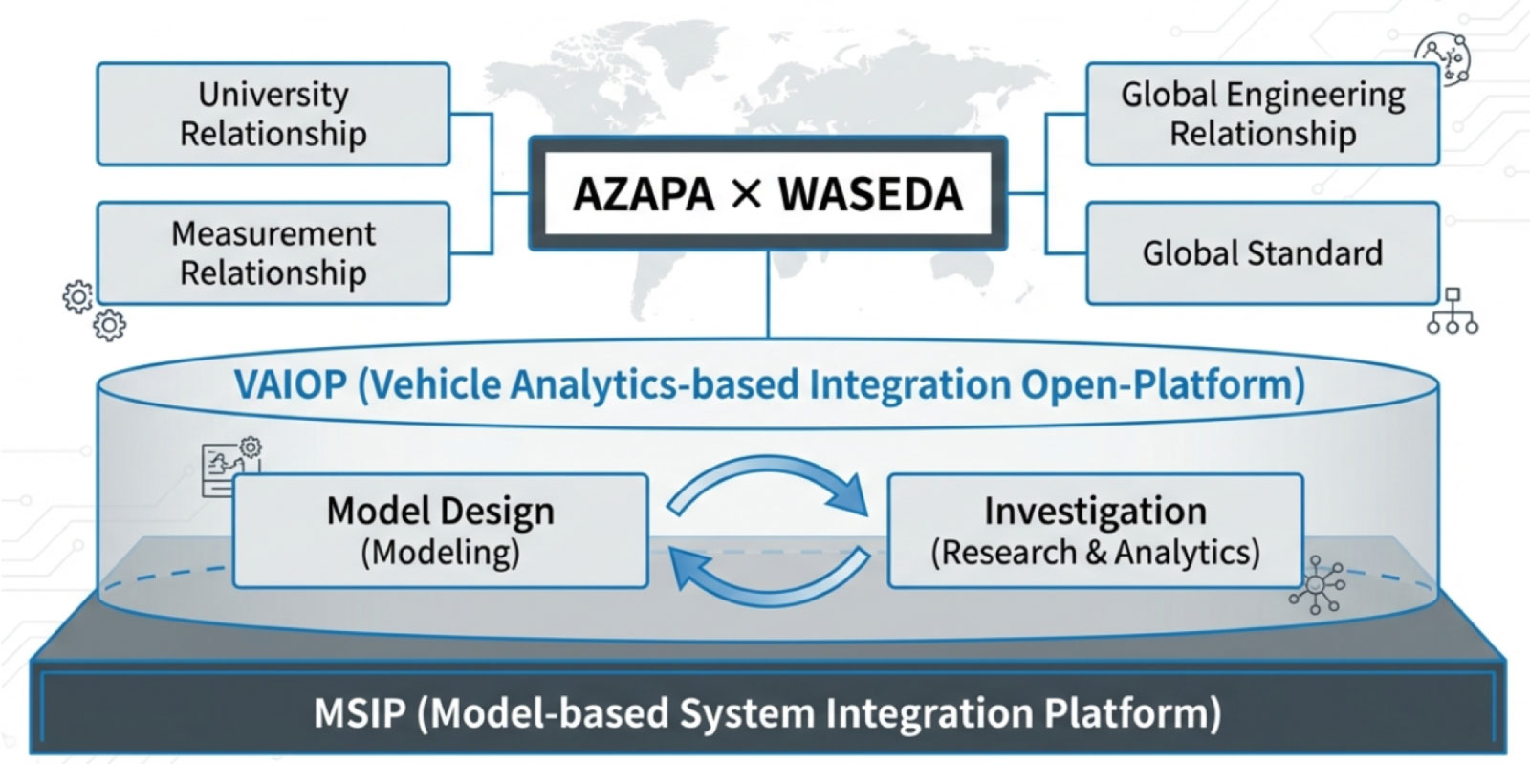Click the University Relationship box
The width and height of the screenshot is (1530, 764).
(x=273, y=114)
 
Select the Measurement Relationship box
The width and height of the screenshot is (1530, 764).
(x=273, y=253)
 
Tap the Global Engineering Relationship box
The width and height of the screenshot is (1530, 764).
(x=1262, y=114)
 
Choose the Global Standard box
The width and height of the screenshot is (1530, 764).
(x=1262, y=253)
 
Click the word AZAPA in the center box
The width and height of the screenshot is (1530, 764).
(x=644, y=194)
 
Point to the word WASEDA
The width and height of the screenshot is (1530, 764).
(x=870, y=194)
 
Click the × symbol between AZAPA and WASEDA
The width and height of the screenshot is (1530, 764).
(x=746, y=194)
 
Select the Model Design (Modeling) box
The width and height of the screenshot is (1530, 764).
(x=441, y=531)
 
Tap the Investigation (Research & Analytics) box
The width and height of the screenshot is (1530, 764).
(x=1095, y=531)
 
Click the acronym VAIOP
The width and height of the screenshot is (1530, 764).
(x=291, y=385)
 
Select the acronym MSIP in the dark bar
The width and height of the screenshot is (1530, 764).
(x=360, y=713)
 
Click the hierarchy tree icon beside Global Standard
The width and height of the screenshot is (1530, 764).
(x=1452, y=311)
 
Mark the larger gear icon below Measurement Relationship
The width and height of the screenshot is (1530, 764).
(x=78, y=296)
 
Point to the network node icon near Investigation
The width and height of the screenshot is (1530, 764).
(x=1318, y=584)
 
